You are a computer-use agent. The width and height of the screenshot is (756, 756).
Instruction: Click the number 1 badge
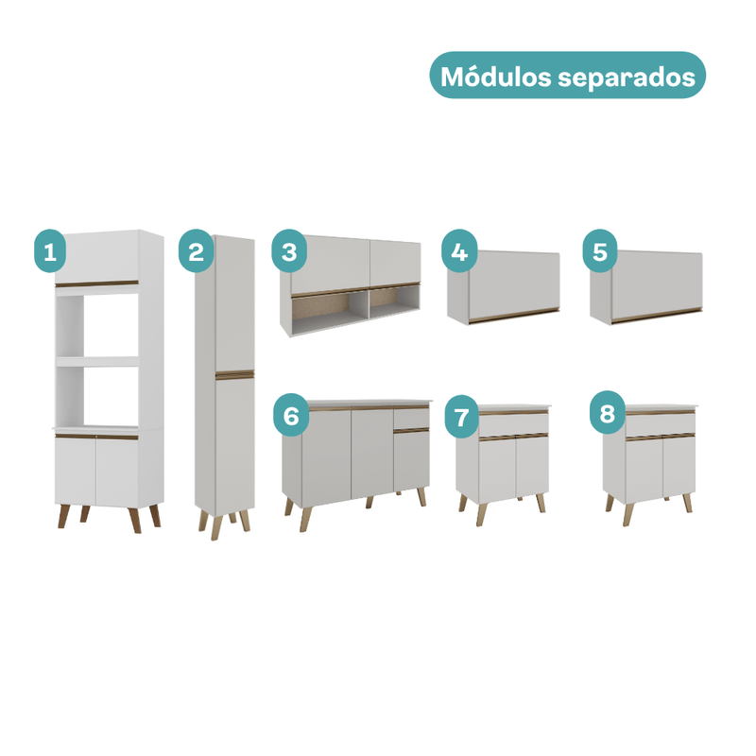point(50,250)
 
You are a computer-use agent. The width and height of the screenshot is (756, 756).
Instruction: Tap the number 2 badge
point(196,250)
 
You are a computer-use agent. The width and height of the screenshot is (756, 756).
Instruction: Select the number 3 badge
point(289,250)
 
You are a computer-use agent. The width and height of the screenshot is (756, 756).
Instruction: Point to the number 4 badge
point(459,250)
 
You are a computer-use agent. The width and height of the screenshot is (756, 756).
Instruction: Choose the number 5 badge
point(600,250)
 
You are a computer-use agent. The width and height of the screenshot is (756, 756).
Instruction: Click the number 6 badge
point(291,415)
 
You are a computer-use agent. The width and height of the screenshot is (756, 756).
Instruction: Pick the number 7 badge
point(462,417)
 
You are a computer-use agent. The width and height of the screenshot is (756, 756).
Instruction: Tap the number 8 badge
point(607,412)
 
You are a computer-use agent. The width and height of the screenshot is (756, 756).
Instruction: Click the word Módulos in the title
point(496,77)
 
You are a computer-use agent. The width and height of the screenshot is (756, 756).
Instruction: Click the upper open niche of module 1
point(97,326)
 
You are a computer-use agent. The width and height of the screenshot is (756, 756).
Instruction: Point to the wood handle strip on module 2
point(234,374)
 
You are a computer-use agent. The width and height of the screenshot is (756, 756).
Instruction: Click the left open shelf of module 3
point(330,311)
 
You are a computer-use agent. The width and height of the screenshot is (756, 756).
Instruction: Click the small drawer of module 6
point(411,418)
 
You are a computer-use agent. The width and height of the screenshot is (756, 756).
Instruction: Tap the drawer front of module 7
point(513,424)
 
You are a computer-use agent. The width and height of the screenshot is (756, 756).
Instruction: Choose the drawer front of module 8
point(661,424)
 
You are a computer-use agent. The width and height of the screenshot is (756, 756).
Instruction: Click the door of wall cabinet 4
point(514,285)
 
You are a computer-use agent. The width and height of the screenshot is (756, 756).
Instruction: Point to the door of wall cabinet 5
point(657,285)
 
